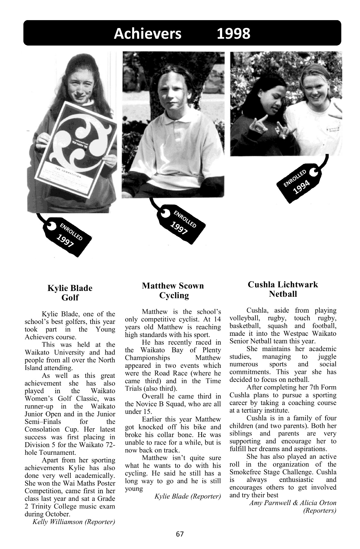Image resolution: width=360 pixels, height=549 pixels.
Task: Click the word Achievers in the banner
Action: [148, 34]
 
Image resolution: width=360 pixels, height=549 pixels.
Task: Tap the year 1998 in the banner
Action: [233, 34]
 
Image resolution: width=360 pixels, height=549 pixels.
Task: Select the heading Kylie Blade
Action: [70, 288]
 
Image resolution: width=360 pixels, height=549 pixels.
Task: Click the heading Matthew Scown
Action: [173, 286]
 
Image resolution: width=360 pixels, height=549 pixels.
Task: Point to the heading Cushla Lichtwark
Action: [283, 285]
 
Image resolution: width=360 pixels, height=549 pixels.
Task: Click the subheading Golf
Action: [70, 298]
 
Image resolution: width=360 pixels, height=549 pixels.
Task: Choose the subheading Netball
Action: [283, 294]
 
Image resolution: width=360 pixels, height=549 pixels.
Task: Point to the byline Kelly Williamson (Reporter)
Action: [73, 522]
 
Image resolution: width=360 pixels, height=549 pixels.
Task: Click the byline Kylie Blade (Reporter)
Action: [187, 496]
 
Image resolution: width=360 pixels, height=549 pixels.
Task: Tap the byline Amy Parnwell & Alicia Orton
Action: [293, 503]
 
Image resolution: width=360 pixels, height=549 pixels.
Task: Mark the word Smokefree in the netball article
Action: [247, 472]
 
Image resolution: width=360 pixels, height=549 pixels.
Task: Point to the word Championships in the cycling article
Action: [148, 358]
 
